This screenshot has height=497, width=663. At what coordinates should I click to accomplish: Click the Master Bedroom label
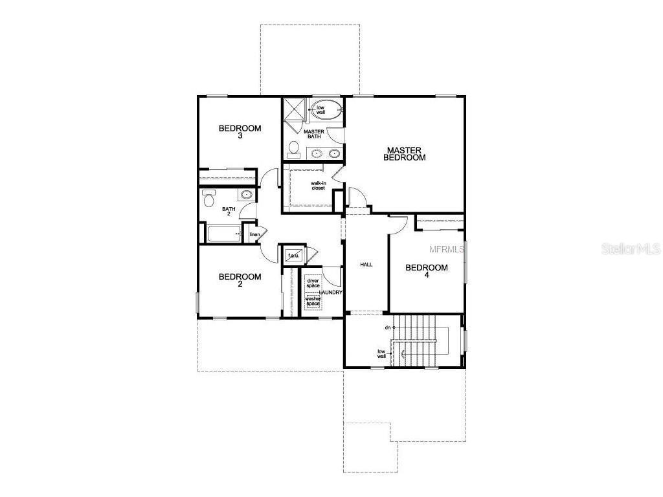(404, 154)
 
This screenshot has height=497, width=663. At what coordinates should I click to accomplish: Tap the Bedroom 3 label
(240, 132)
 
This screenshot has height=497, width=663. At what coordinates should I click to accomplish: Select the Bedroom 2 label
(240, 280)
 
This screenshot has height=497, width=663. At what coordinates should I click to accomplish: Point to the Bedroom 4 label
(426, 271)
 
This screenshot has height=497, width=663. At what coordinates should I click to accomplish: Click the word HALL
(366, 265)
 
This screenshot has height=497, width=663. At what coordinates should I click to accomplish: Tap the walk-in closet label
(319, 186)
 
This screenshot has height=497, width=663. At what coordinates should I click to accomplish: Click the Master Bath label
(314, 134)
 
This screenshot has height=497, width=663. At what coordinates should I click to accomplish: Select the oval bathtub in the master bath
(326, 110)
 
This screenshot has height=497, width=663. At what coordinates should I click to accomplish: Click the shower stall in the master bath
(295, 109)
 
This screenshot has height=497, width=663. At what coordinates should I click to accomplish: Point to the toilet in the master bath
(293, 149)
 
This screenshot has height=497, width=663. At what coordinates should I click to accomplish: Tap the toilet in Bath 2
(209, 198)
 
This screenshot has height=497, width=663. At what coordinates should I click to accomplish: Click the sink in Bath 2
(246, 195)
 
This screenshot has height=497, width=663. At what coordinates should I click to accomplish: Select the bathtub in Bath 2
(224, 233)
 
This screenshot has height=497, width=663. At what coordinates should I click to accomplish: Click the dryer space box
(313, 283)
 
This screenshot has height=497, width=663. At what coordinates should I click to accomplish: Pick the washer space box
(313, 302)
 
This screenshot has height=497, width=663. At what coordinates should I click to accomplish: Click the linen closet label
(254, 234)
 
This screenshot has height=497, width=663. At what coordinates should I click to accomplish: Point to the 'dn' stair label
(387, 327)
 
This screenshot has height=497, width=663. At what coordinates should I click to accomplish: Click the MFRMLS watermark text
(447, 249)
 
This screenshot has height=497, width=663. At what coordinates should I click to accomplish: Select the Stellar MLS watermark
(631, 248)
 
